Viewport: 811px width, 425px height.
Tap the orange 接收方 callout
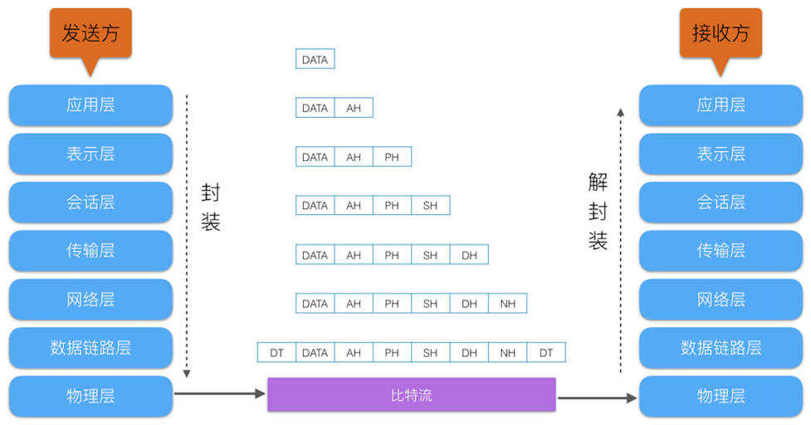tap(720, 33)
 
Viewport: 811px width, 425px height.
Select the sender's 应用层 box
tap(90, 105)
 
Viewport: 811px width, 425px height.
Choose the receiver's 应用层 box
tap(721, 105)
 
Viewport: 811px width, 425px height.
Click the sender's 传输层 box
tap(90, 251)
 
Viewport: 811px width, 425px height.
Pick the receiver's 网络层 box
tap(721, 300)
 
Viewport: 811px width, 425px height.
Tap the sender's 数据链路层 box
tap(90, 348)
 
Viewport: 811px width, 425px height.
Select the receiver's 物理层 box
tap(721, 397)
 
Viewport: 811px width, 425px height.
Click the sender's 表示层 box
tap(90, 154)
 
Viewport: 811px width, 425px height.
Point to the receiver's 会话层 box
tap(721, 203)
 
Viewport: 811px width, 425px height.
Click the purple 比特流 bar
tap(411, 395)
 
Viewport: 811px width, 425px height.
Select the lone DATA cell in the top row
tap(315, 60)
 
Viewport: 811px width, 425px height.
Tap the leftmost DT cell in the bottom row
tap(276, 353)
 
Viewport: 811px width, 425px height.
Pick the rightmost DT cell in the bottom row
tap(545, 353)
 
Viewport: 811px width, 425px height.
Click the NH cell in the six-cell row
tap(507, 304)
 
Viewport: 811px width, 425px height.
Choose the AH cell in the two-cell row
tap(354, 108)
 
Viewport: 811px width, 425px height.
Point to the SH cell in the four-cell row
tap(430, 206)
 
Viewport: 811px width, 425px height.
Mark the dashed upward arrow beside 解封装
tap(620, 241)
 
